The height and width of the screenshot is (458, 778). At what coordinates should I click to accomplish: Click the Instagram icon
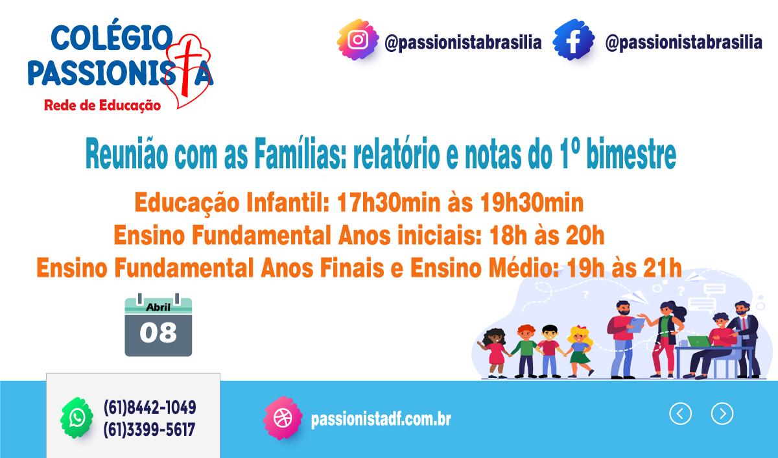[x=357, y=40]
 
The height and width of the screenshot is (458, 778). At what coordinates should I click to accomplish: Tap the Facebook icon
[x=574, y=40]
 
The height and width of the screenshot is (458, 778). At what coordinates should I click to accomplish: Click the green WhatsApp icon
[x=77, y=417]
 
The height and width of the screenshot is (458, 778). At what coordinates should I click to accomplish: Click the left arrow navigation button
[x=680, y=413]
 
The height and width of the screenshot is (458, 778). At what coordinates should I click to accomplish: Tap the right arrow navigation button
[x=722, y=413]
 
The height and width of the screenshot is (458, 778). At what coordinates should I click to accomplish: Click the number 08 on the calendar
[x=158, y=333]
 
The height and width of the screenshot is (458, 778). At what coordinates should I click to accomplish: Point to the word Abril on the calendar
[x=158, y=307]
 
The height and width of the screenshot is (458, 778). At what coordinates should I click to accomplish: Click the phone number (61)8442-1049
[x=150, y=407]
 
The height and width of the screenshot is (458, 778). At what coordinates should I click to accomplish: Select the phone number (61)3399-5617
[x=150, y=429]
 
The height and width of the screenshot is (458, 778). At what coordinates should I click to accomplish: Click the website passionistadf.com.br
[x=381, y=419]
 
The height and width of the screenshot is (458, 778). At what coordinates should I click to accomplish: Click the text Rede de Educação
[x=102, y=104]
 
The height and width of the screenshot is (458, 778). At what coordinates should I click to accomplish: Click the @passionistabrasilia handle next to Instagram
[x=463, y=43]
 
